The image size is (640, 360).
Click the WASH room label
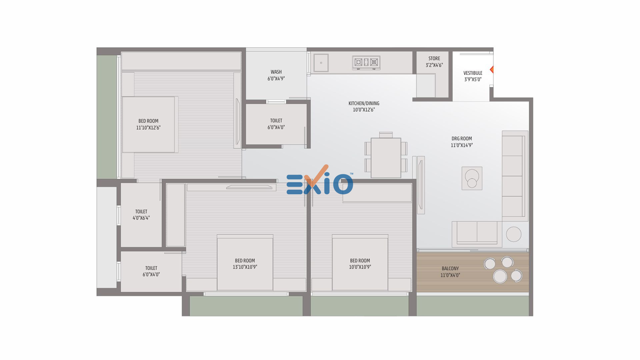[x=276, y=72]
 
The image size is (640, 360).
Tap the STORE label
[x=434, y=59]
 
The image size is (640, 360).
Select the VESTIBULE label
[x=473, y=73]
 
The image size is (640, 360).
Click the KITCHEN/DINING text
[x=364, y=103]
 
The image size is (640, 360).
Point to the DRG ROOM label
[x=462, y=139]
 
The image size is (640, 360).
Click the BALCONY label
[x=450, y=269]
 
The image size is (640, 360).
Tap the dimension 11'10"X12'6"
[x=148, y=128]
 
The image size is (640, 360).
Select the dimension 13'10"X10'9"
[x=245, y=267]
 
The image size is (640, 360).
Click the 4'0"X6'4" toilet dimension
[x=141, y=218]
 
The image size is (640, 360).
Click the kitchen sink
[x=321, y=63]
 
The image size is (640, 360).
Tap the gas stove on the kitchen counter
[x=366, y=63]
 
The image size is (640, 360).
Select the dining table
[x=386, y=158]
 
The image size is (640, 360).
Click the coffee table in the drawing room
[x=472, y=178]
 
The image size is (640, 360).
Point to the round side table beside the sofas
[x=514, y=234]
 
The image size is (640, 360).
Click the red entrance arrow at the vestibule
[x=492, y=70]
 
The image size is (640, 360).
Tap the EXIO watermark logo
[x=320, y=180]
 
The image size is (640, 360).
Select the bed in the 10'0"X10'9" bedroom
[x=360, y=263]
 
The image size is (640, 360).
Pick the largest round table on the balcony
[x=500, y=276]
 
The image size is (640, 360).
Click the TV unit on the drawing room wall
[x=421, y=185]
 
